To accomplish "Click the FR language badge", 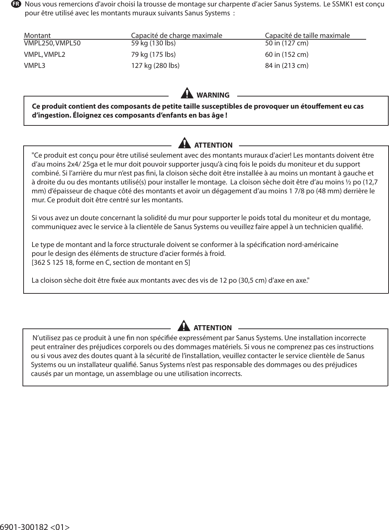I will (16, 4).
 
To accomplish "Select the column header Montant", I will (37, 36).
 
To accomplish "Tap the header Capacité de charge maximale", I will (176, 36).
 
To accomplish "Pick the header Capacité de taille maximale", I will (307, 36).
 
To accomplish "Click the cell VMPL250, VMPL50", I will (52, 44).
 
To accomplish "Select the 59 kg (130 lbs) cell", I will (153, 44).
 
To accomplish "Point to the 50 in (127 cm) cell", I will (286, 44).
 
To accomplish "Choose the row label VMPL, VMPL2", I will (45, 55).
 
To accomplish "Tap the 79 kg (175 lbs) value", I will (153, 55).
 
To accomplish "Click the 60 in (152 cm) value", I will (286, 55).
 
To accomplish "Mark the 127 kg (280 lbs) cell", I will (155, 66).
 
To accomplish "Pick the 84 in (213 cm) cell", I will (286, 66).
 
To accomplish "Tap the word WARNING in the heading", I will (213, 95).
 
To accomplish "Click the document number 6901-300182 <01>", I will (35, 526).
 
